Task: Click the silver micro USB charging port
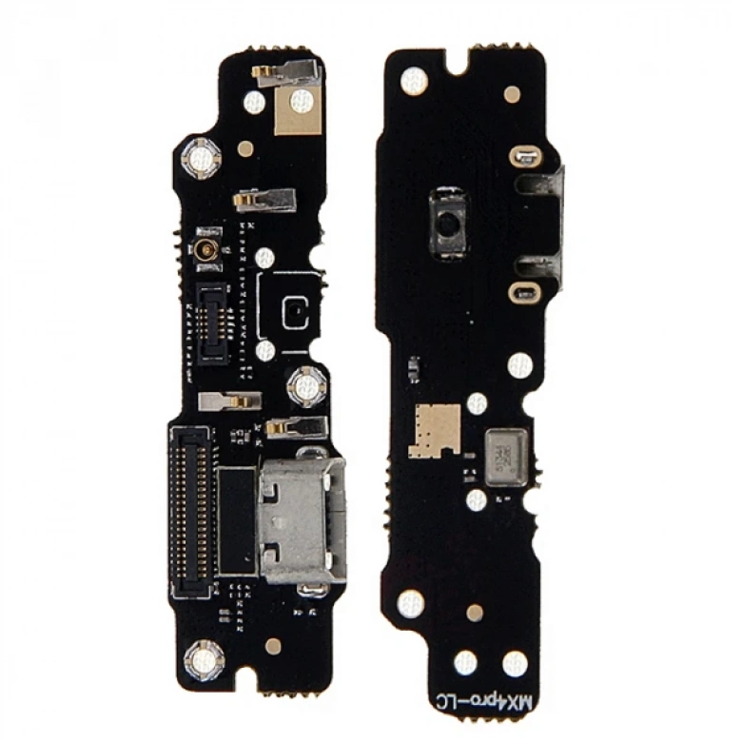coord(300,519)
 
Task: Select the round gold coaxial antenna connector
coord(205,252)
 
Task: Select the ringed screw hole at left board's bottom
coord(204,658)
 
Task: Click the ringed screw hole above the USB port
coord(306,385)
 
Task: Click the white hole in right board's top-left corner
coord(412,82)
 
